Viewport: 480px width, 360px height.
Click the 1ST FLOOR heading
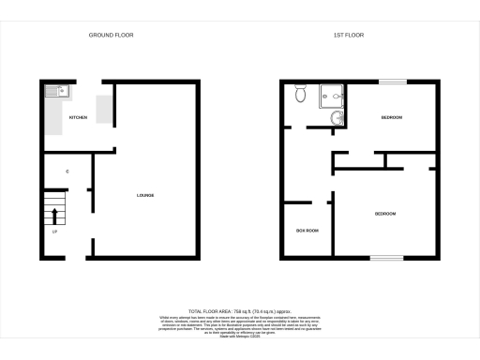point(349,35)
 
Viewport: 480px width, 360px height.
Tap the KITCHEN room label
point(79,117)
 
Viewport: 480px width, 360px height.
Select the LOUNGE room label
point(145,195)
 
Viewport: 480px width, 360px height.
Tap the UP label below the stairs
point(55,232)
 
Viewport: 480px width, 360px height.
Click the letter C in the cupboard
point(67,172)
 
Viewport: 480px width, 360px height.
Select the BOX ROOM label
point(307,230)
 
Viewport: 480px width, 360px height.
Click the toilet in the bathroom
point(300,94)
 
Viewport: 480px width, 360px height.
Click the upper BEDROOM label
point(391,117)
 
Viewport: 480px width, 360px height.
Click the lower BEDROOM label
point(385,215)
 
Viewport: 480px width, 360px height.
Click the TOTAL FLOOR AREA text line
point(239,310)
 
